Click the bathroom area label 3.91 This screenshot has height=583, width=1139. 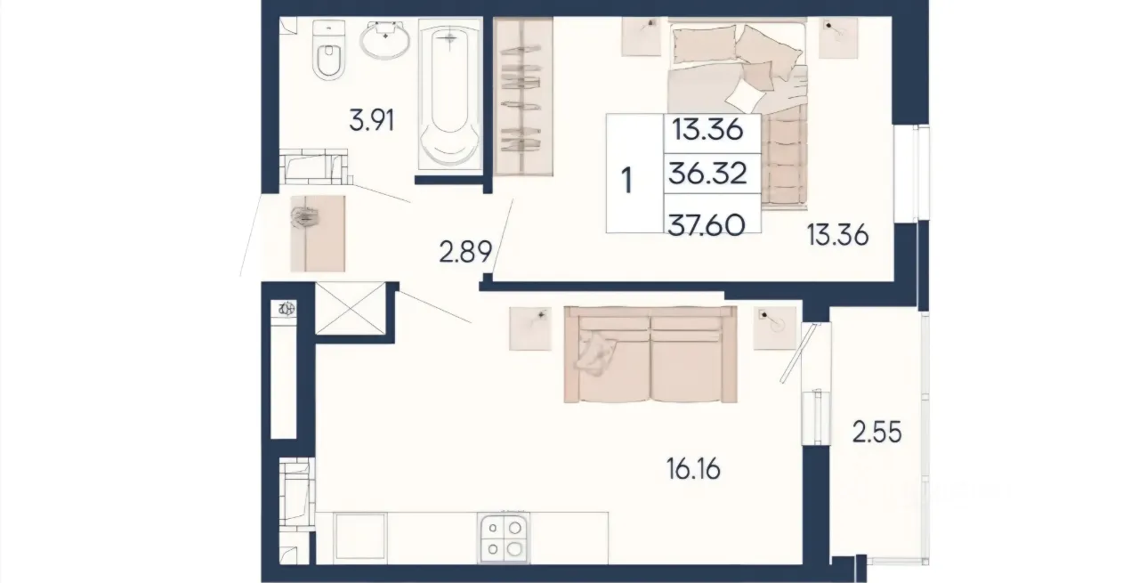coord(372,121)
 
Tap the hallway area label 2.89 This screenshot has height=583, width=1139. coord(465,251)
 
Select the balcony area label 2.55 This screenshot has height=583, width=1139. coord(876,432)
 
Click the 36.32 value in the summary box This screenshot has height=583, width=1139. coord(707,173)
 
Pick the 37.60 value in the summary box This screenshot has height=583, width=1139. coord(707,225)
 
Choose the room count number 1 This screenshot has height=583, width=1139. coord(627,180)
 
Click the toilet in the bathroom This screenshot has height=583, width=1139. coord(328,50)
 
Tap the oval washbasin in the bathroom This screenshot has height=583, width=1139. coord(385,40)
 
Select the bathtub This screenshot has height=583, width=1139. coord(450,94)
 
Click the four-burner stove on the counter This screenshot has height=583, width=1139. coord(504,538)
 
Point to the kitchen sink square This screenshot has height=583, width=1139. coord(360,537)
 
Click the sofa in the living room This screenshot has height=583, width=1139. coord(650,354)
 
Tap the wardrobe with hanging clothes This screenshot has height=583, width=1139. coord(523,97)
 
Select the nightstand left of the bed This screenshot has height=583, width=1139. coord(642,36)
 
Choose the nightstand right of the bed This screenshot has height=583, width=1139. coord(838,37)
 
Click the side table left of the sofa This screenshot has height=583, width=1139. coord(530,328)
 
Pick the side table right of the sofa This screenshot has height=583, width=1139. coord(774,328)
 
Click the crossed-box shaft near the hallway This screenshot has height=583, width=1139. coord(351,308)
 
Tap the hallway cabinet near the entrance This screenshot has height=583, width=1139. coord(318,233)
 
